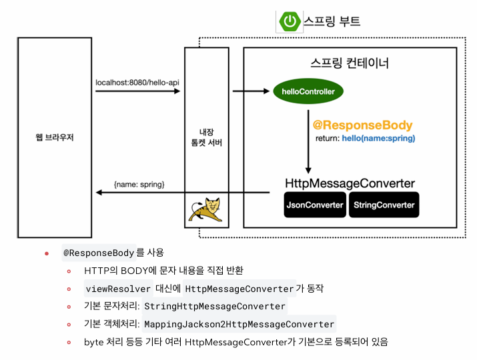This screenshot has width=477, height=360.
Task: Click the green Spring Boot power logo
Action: pos(290,21)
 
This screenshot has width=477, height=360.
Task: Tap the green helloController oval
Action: pos(308,91)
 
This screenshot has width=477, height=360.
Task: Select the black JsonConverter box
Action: pos(315,205)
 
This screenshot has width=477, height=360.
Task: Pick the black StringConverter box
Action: pos(384,205)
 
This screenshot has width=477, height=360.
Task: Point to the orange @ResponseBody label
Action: pos(362,125)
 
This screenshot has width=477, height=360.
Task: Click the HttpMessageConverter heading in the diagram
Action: pos(350,183)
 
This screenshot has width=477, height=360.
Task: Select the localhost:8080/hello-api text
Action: pos(137,83)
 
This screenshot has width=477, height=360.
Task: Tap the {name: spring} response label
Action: pos(139,183)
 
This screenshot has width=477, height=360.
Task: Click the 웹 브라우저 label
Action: pos(55,138)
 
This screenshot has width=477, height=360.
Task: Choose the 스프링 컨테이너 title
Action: pos(350,64)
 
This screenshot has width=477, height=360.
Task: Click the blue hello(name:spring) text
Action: pos(379,139)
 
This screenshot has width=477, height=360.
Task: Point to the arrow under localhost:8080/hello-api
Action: pos(138,91)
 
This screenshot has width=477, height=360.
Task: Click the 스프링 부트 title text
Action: pos(332,21)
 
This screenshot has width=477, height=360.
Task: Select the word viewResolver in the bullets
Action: pos(118,289)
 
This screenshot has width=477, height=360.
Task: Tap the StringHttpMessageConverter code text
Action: pos(215,307)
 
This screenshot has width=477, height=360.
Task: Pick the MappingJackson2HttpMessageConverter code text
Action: pos(239,324)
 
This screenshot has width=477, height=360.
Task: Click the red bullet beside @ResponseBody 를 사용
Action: pos(47,254)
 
